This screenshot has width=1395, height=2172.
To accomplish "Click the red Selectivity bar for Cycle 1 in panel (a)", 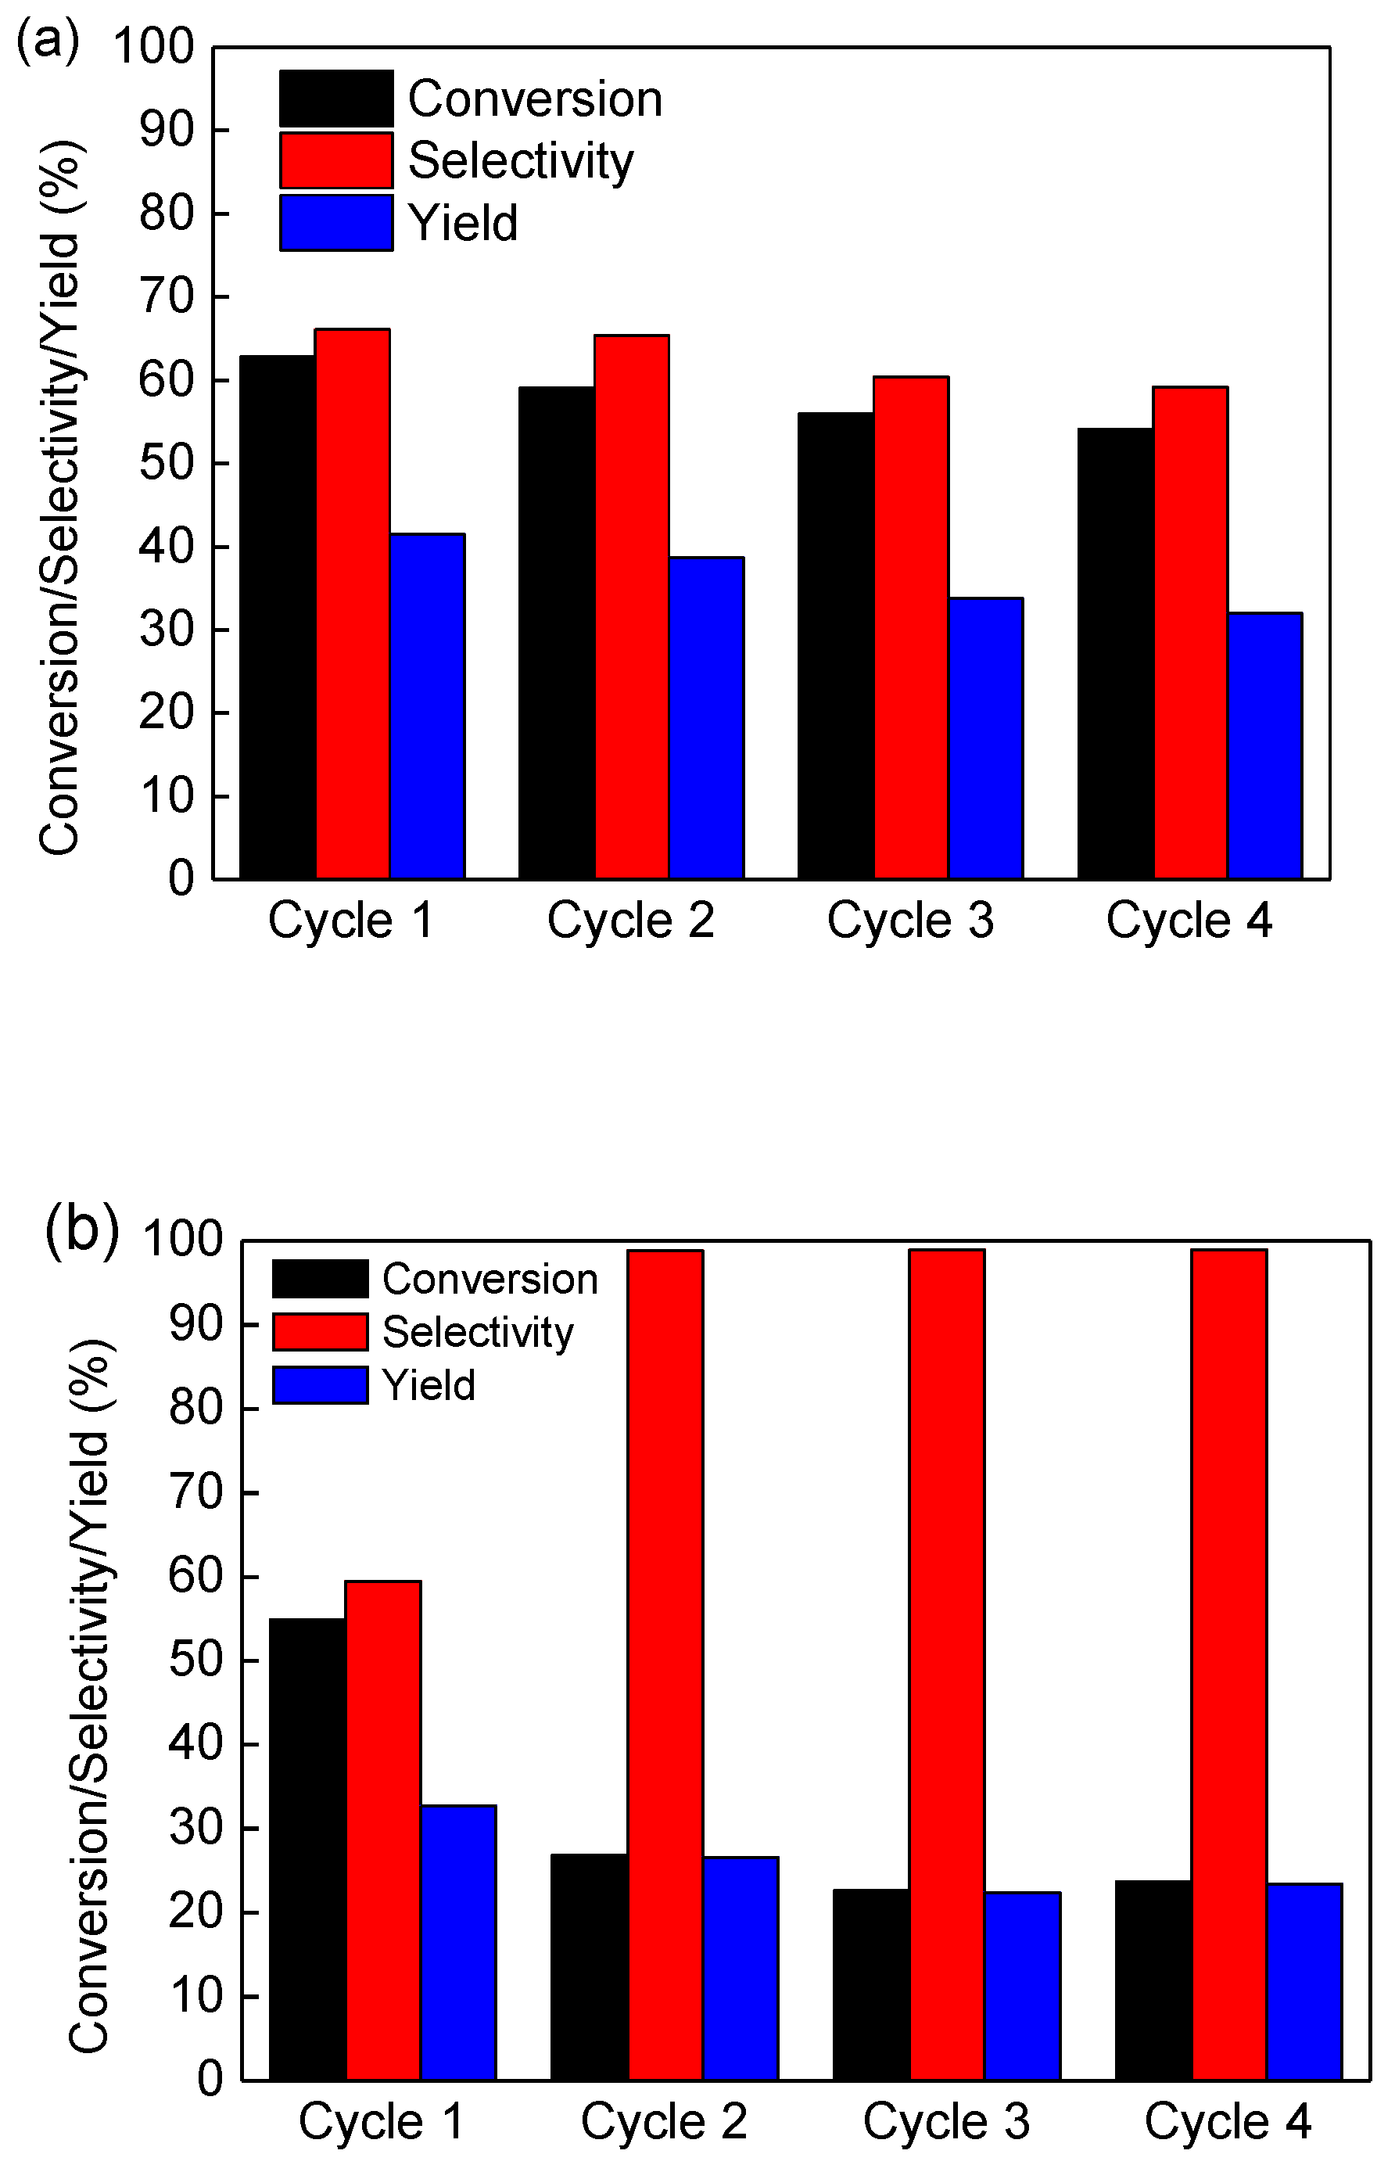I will point(353,605).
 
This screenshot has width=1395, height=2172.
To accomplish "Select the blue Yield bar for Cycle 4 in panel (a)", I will point(1264,745).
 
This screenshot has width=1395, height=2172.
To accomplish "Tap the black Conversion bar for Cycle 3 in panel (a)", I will point(835,645).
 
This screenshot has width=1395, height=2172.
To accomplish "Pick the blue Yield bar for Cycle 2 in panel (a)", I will point(707,718).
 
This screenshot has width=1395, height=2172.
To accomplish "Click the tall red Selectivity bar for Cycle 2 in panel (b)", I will point(665,1664).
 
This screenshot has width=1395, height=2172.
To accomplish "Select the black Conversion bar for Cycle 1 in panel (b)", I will point(307,1848).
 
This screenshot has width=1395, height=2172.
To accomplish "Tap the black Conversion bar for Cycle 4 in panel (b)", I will point(1153,1980).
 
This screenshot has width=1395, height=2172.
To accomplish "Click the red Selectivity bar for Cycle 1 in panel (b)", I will point(383,1830).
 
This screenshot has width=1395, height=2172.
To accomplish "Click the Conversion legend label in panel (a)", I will point(534,99).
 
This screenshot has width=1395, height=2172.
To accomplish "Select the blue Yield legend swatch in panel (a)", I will point(336,223).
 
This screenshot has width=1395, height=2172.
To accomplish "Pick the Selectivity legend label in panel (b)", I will point(477,1332).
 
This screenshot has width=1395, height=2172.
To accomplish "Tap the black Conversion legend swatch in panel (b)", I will point(320,1279).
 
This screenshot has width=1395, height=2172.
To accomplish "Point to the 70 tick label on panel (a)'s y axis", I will point(167,297).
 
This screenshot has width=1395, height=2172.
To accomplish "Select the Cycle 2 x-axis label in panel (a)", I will point(630,921).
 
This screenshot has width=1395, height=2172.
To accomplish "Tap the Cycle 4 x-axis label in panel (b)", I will point(1228,2122).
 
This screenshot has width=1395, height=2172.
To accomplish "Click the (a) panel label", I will point(47,42).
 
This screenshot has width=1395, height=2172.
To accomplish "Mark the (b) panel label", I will point(81,1230).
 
